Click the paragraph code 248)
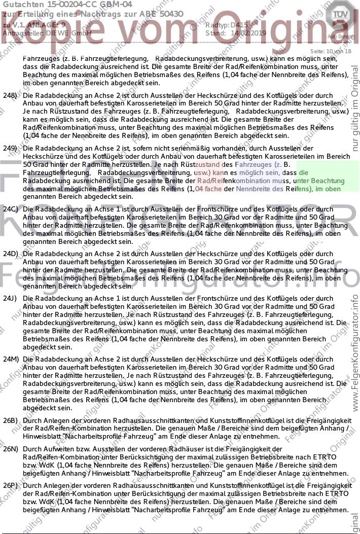pos(10,95)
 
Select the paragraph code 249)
pos(10,149)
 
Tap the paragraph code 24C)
pos(10,209)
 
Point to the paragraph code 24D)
pos(10,253)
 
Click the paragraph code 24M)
pos(10,359)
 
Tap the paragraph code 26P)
pos(10,485)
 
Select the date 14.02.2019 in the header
pos(240,33)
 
